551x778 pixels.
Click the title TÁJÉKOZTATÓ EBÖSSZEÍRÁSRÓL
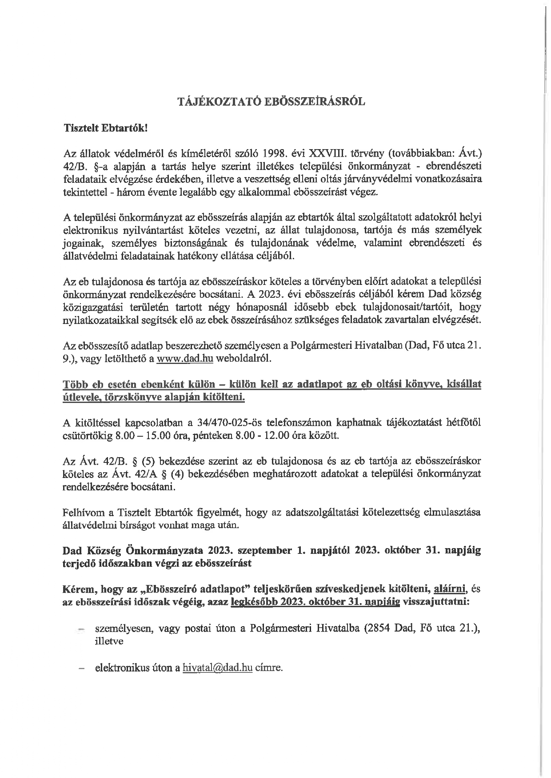point(271,102)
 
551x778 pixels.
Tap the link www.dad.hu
point(185,359)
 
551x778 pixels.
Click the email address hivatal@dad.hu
point(217,667)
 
